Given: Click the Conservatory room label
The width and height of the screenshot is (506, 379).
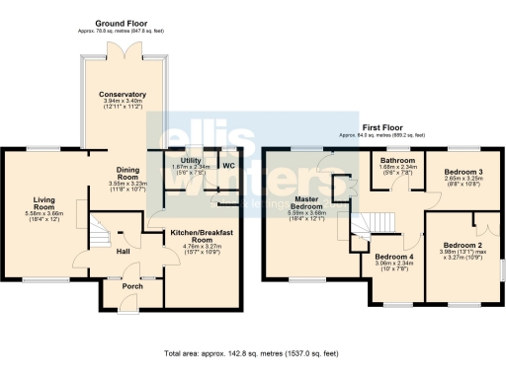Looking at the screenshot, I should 123,95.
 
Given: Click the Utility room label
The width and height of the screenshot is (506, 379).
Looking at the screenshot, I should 185,160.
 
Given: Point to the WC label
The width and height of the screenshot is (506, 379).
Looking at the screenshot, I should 227,165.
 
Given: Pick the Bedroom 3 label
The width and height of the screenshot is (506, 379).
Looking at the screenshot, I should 462,171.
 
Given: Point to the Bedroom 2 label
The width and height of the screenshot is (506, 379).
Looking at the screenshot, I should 462,245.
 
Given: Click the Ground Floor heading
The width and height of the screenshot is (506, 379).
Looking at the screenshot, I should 123,22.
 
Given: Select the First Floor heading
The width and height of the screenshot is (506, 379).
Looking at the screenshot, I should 381,128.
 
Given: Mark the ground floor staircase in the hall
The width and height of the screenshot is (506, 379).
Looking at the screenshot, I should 99,234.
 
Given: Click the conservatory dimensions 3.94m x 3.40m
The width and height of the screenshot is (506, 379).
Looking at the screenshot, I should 123,102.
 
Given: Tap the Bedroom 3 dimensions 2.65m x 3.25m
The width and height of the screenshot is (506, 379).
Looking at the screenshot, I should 462,179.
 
